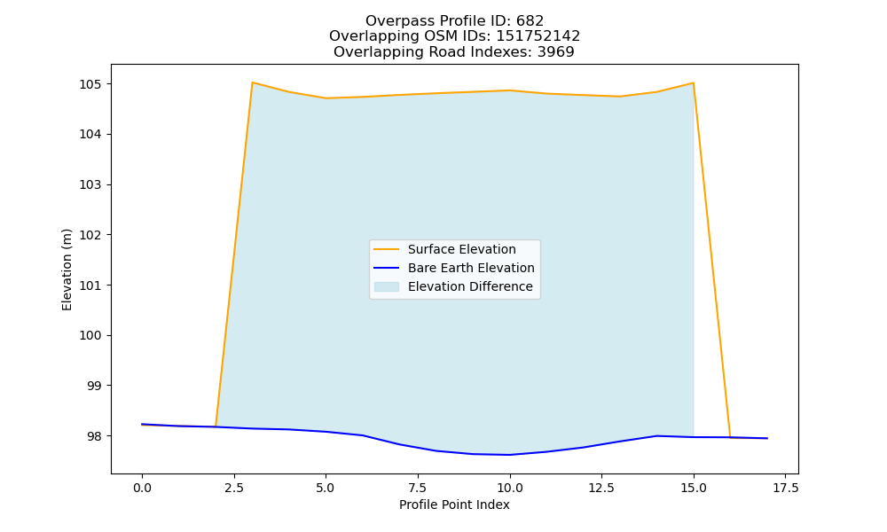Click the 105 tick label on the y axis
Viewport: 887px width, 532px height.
tap(90, 84)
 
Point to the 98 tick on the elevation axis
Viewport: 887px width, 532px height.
tap(95, 436)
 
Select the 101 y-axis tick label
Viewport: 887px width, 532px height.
tap(90, 286)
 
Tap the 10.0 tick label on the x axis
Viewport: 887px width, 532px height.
tap(510, 488)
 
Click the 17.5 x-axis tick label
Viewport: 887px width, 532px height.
tap(785, 488)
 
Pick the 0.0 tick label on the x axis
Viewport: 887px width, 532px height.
tap(142, 488)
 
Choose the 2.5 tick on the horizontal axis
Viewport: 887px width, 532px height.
tap(234, 488)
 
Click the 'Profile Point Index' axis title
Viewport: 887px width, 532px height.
tap(454, 505)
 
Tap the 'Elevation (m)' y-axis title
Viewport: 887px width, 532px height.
tap(67, 270)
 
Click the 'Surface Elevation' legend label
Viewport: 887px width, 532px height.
tap(461, 249)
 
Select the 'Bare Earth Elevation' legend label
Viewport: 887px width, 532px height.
tap(471, 268)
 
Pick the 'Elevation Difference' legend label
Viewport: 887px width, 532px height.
tap(470, 286)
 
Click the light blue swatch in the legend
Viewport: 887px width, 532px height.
tap(387, 286)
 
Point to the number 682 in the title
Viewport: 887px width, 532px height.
tap(530, 21)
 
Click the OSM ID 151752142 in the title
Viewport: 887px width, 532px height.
tap(538, 36)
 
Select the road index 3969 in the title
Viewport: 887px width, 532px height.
tap(556, 52)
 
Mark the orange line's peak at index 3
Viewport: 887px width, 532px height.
tap(252, 82)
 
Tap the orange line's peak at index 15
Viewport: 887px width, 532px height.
tap(694, 83)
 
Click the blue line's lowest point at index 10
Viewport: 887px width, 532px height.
tap(510, 455)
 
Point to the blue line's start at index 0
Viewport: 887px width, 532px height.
tap(142, 424)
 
